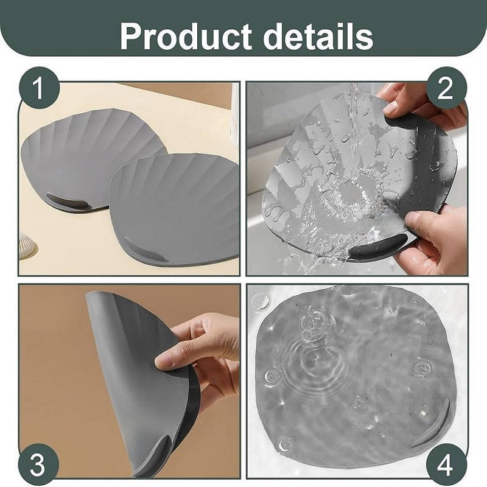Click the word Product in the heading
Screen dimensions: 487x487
point(186,36)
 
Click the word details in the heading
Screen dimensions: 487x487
point(318,36)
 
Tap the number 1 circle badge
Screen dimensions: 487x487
point(39,88)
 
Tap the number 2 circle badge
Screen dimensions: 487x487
point(446,88)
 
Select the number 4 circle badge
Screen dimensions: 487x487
point(446,464)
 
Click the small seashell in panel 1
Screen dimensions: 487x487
point(28,245)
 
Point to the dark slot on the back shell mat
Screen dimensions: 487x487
point(69,202)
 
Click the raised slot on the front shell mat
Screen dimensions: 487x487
point(145,250)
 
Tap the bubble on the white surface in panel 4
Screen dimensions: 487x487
point(261,301)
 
